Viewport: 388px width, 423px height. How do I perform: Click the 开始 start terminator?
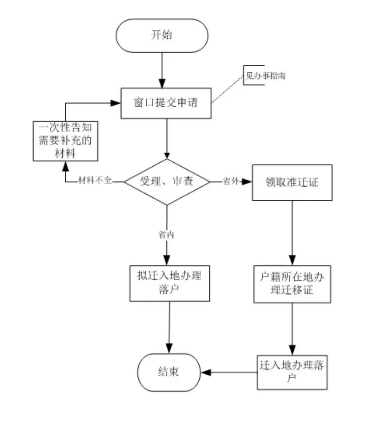(x=162, y=35)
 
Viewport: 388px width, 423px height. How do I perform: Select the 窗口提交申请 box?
(x=166, y=103)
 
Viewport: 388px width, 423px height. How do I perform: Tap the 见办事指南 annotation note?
(x=265, y=76)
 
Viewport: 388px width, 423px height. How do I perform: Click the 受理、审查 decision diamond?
(x=167, y=182)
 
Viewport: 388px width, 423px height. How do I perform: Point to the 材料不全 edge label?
(x=95, y=181)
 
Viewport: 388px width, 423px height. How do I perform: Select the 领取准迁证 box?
(x=292, y=182)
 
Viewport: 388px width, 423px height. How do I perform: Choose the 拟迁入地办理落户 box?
(x=169, y=283)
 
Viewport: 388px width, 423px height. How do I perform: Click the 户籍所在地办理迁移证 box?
(x=292, y=284)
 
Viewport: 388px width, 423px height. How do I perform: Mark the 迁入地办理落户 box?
(x=292, y=372)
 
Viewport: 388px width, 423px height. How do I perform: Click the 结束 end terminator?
(x=168, y=372)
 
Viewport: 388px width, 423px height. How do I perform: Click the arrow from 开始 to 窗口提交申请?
(x=162, y=69)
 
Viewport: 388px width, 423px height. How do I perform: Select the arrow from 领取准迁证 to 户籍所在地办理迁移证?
(x=292, y=233)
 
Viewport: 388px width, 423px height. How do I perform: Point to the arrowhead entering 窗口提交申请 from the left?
(x=116, y=103)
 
